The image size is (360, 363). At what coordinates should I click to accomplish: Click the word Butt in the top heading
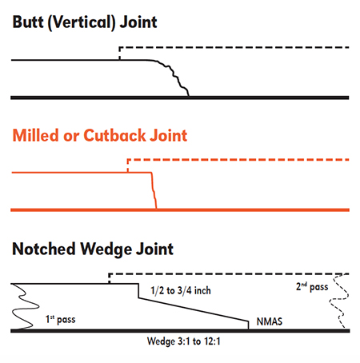28,22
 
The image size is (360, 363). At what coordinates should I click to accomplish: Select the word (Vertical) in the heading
82,22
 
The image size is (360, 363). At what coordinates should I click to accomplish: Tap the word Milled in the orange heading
35,135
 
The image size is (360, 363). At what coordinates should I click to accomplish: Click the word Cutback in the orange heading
114,135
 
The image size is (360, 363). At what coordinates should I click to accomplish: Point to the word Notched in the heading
44,249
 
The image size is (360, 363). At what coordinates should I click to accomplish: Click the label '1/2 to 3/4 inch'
181,290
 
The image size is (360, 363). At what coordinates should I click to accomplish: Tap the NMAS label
270,321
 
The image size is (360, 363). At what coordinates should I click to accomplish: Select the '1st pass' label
61,319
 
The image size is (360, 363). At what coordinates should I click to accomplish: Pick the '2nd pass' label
312,287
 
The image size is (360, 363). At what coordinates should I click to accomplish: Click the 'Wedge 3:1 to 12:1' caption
183,341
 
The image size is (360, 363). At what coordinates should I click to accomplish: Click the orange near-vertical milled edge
154,190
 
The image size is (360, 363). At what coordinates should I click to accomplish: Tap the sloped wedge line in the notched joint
194,309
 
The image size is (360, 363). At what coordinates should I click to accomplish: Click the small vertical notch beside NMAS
249,325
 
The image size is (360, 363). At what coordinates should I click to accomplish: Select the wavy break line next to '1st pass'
26,306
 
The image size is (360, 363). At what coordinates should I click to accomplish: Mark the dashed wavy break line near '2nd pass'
339,301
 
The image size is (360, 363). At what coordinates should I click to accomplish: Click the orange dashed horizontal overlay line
238,160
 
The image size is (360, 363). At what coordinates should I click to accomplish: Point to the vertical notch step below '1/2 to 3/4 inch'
138,291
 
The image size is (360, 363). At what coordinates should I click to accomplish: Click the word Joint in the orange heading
169,135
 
